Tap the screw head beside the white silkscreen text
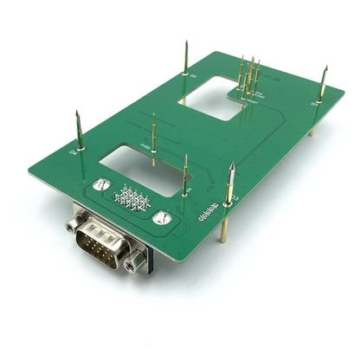(161, 218)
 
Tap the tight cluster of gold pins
(247, 76)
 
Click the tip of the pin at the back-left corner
(186, 42)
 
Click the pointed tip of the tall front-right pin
(232, 164)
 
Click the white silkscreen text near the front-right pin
(214, 210)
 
